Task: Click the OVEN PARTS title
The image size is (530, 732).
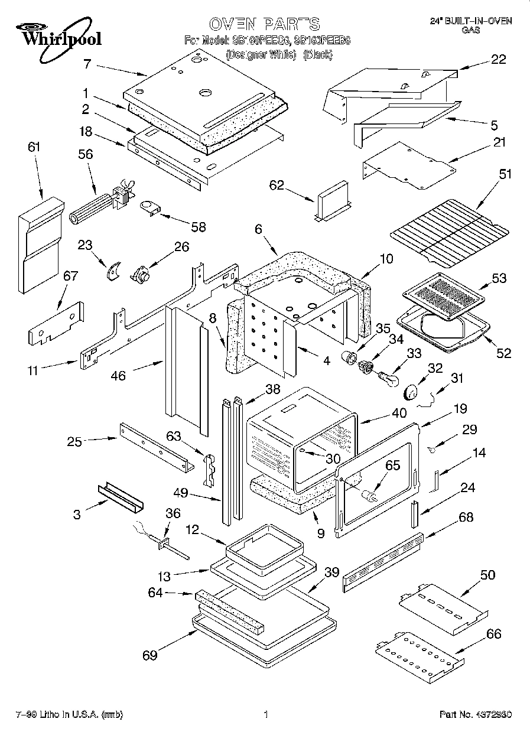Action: coord(264,24)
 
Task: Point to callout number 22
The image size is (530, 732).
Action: coord(498,59)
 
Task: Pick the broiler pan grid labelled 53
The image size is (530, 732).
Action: coord(441,295)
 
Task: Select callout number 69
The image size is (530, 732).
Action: coord(149,655)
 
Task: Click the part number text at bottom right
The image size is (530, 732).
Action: coord(476,714)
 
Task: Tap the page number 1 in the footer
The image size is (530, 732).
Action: coord(266,714)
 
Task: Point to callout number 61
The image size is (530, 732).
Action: coord(34,147)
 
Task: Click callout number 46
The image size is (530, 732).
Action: coord(118,375)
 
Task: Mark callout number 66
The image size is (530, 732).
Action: coord(493,634)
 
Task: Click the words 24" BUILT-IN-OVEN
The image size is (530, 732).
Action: coord(470,21)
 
